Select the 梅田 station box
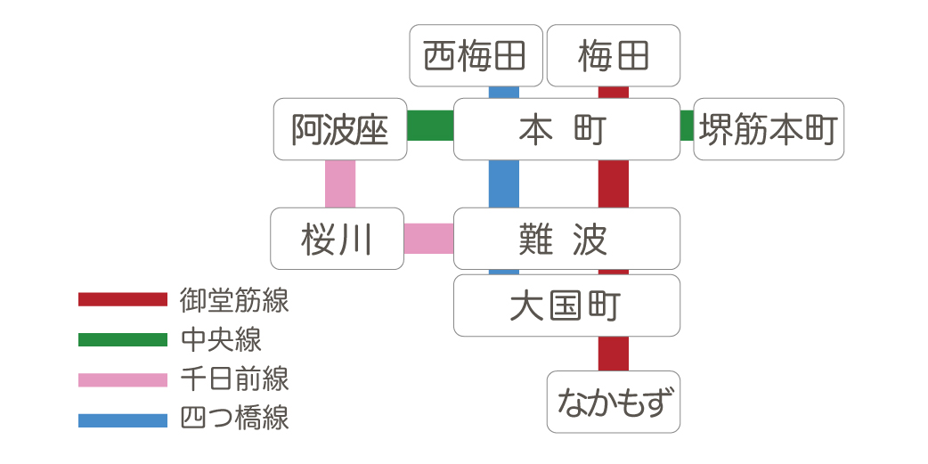[x=613, y=55]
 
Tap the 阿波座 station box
[x=340, y=129]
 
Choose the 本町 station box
[x=566, y=129]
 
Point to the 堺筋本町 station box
[x=768, y=129]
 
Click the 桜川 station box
[x=337, y=239]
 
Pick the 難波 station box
[x=566, y=239]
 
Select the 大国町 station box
[x=566, y=305]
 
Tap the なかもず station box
[x=613, y=402]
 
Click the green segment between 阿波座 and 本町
[x=431, y=126]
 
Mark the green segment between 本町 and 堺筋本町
[x=687, y=126]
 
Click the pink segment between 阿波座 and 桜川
[x=340, y=183]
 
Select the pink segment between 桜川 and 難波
[x=429, y=238]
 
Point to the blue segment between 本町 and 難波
[x=504, y=183]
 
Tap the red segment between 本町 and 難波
[x=613, y=183]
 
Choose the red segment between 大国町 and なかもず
[x=613, y=354]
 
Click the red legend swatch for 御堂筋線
[x=122, y=299]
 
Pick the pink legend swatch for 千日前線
[x=122, y=380]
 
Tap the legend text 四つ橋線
[x=233, y=419]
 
